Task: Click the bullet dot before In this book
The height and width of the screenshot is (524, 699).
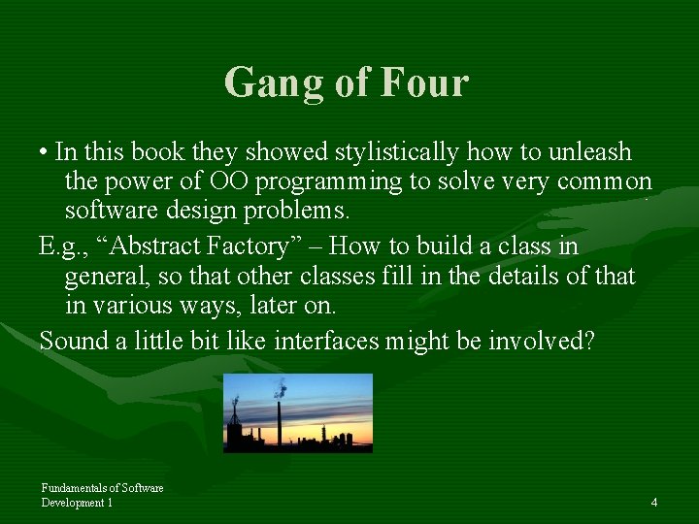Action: [x=45, y=153]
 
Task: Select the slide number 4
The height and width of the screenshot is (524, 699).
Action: [x=654, y=502]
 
